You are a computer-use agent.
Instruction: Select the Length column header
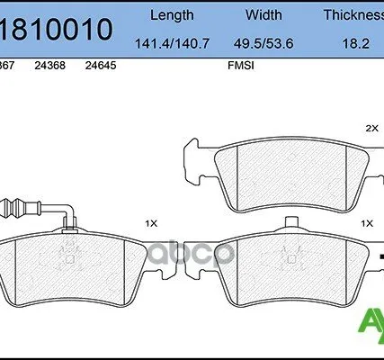[x=171, y=15]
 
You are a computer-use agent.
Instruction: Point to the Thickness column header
[x=355, y=15]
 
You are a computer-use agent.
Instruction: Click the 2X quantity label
[x=372, y=129]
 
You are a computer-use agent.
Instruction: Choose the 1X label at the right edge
[x=366, y=222]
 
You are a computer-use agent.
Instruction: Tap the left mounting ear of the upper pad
[x=194, y=156]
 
